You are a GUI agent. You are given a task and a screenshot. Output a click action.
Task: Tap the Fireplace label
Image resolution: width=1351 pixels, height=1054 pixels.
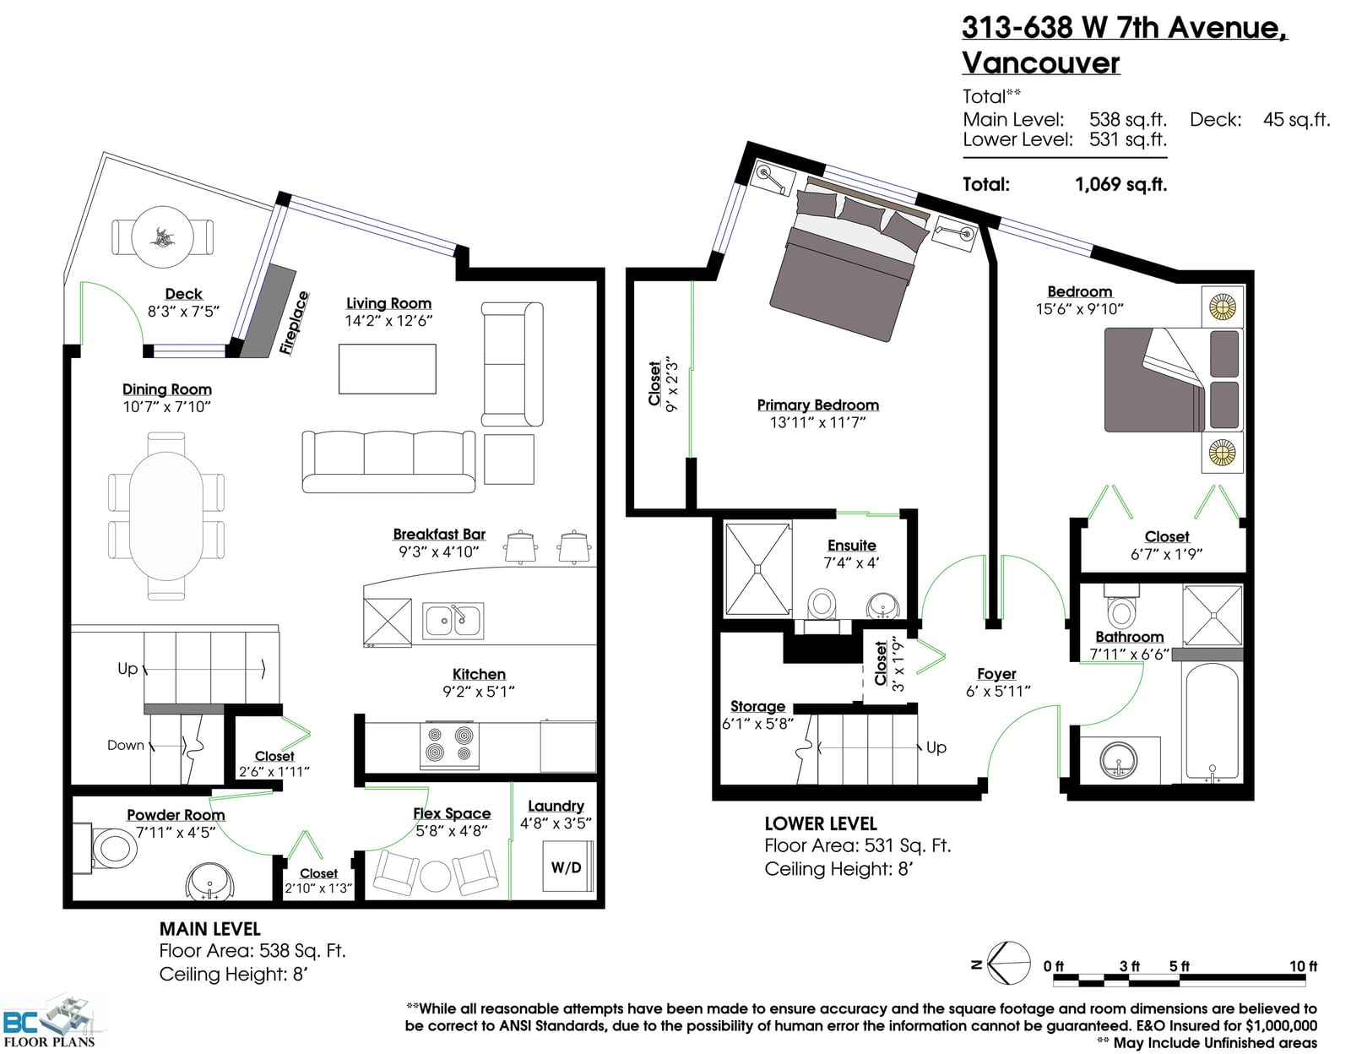pos(294,323)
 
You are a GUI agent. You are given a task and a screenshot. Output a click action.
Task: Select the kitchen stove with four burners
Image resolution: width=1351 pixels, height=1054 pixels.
pos(449,745)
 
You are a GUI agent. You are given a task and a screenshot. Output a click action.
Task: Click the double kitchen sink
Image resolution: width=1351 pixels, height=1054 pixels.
pos(453,621)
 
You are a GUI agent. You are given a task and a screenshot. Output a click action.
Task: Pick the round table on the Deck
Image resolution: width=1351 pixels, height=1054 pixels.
pos(163,237)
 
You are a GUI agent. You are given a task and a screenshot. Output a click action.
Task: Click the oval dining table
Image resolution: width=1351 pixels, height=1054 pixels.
pos(166,517)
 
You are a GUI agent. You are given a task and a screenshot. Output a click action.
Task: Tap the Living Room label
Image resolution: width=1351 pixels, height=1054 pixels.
pos(388,303)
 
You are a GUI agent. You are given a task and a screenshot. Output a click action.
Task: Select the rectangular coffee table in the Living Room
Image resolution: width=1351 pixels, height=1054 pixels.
pos(388,369)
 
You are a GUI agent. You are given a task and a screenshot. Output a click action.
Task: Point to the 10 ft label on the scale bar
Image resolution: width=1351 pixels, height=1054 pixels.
pos(1303,965)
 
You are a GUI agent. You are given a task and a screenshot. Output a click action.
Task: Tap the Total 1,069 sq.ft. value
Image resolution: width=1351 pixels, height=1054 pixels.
pos(1121,184)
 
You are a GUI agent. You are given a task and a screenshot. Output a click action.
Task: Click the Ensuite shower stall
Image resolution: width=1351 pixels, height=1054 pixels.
pos(758,569)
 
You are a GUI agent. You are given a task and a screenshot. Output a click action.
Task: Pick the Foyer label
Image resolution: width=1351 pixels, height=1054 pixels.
pos(996,673)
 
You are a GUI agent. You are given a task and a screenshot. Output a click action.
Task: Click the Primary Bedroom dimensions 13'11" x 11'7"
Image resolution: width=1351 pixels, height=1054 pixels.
pos(817,423)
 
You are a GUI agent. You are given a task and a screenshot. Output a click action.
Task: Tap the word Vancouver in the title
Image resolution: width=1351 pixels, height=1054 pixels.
pos(1041,62)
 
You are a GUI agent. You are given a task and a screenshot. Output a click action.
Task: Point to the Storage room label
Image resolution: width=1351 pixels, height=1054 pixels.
pos(757,706)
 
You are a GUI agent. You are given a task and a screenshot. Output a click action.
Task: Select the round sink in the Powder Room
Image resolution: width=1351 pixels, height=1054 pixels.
pos(211,880)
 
